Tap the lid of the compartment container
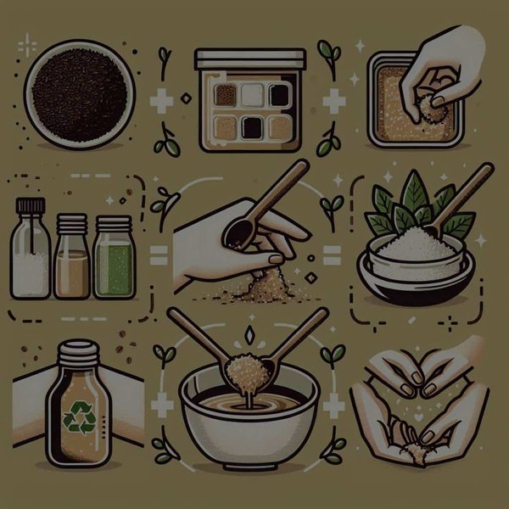coord(249,59)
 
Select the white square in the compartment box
coord(251,95)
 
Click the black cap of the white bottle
coord(30,206)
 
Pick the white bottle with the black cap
coord(30,255)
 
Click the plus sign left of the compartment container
coord(161,102)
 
